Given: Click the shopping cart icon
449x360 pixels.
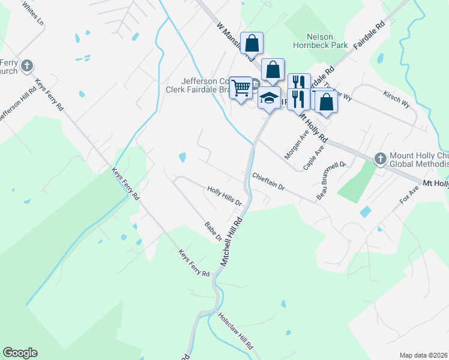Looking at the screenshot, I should coord(241,88).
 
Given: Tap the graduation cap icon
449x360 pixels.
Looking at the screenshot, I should coord(270,97).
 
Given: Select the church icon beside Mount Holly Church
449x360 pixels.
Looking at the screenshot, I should coord(379,159).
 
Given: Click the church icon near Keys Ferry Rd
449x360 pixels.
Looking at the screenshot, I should coord(26,65).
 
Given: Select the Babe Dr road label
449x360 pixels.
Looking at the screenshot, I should coord(213,231).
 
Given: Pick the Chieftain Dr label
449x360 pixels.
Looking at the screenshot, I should coord(268,182).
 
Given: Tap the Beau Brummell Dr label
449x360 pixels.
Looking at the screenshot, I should coord(331,179).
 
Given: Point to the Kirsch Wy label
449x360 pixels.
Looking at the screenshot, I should coord(397,99).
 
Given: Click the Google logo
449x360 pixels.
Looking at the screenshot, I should coord(20,353).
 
